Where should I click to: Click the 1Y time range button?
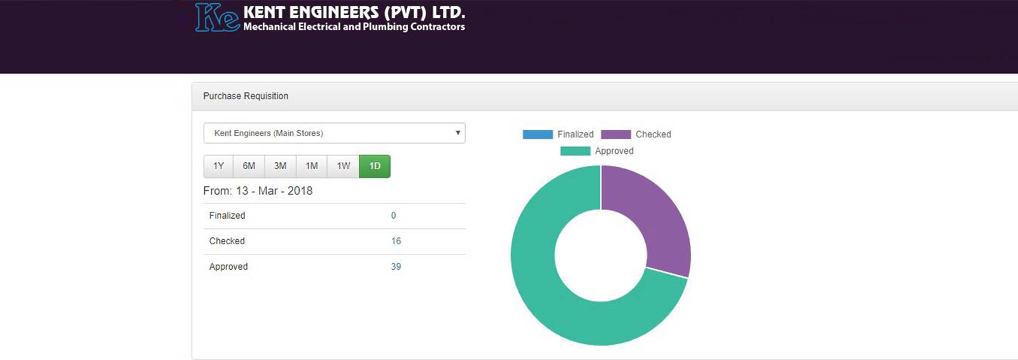[x=218, y=166]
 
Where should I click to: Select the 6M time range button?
[x=249, y=166]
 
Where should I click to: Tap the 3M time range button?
[x=280, y=166]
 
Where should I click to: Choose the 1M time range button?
[x=312, y=166]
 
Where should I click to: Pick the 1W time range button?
[x=344, y=166]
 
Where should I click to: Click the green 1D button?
[x=375, y=166]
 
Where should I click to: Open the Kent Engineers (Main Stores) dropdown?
[x=334, y=133]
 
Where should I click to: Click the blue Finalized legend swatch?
[x=538, y=134]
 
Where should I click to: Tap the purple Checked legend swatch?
[x=616, y=134]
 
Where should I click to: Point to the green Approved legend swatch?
[x=575, y=151]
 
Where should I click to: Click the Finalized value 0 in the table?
[x=393, y=216]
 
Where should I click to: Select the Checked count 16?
[x=396, y=241]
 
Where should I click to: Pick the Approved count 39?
[x=396, y=267]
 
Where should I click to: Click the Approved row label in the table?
[x=228, y=267]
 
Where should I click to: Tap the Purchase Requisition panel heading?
[x=246, y=96]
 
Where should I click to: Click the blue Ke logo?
[x=217, y=18]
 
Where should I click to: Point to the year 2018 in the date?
[x=300, y=191]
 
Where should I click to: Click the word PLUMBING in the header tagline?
[x=385, y=27]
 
